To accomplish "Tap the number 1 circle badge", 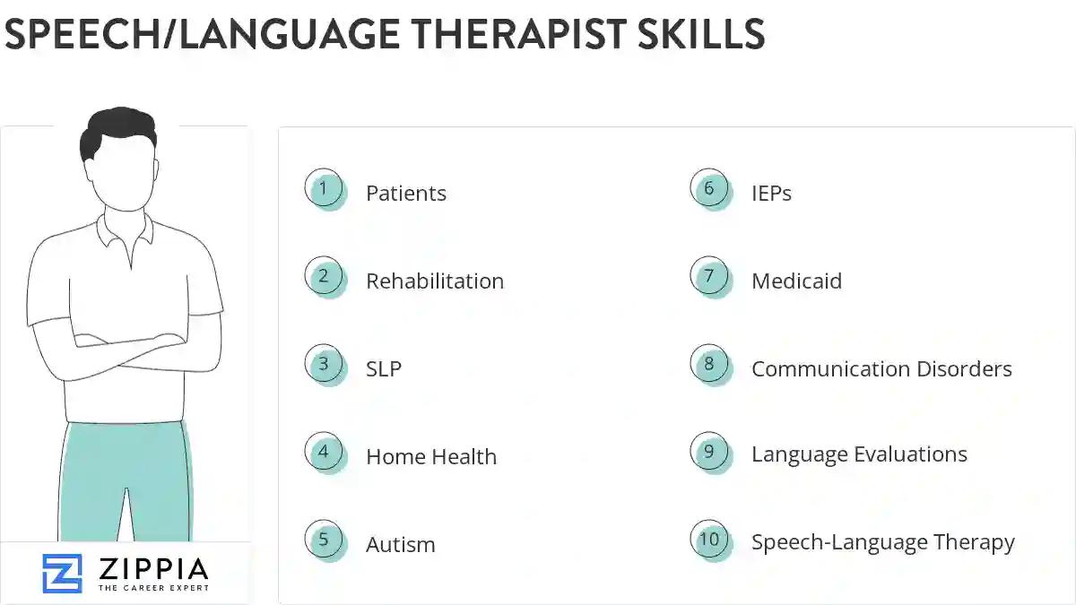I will click(324, 189).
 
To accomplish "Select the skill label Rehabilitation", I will click(435, 281).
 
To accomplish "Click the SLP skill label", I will click(384, 368).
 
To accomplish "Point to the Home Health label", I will click(431, 456).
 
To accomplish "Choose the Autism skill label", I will click(401, 544).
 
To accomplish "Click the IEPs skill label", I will click(771, 193).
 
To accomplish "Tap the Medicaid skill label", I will click(796, 281).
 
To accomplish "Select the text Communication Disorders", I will click(881, 368).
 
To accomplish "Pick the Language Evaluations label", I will click(859, 454).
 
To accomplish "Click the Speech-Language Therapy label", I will click(883, 542).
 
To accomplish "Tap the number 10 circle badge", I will click(709, 540).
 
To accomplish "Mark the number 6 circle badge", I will click(709, 189).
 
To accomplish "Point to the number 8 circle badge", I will click(709, 365).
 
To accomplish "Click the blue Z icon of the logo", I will click(62, 574).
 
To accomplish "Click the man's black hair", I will click(117, 130).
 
